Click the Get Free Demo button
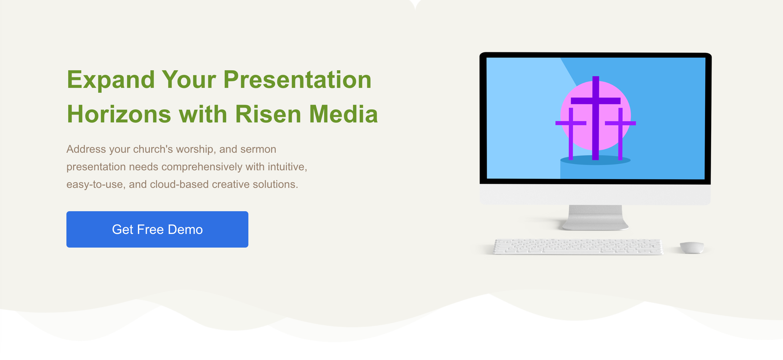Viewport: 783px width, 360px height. (x=157, y=229)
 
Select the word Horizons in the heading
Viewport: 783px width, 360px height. (x=119, y=114)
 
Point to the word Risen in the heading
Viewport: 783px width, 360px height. (x=268, y=114)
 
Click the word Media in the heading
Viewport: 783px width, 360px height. (x=344, y=114)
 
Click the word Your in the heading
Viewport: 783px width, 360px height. (x=189, y=80)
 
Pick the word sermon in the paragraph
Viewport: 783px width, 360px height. (x=258, y=149)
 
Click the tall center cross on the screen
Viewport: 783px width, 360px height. (x=596, y=118)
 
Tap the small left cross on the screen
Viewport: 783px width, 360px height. (x=571, y=134)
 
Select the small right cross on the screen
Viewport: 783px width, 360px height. (x=620, y=134)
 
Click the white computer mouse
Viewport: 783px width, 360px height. (x=691, y=247)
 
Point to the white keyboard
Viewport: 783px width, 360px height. (x=578, y=246)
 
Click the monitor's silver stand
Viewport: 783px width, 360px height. (x=595, y=218)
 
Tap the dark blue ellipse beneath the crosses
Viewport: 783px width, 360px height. (x=595, y=160)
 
